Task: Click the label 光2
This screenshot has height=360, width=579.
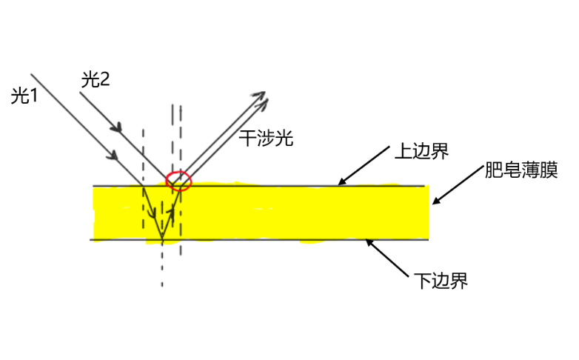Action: tap(95, 79)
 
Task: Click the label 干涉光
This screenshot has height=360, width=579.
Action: tap(266, 138)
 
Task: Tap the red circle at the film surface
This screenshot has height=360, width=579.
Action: tap(178, 180)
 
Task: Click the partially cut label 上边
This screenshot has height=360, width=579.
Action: tap(411, 151)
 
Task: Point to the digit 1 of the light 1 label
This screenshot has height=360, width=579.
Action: tap(33, 96)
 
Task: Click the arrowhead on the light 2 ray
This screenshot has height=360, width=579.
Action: tap(116, 128)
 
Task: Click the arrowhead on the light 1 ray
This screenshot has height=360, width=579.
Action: tap(114, 156)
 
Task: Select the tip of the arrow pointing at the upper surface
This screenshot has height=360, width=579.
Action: tap(339, 184)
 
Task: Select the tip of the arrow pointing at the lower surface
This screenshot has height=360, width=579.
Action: tap(367, 240)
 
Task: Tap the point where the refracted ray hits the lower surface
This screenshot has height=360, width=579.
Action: tap(162, 240)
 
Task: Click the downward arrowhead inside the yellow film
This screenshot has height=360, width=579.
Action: tap(153, 216)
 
